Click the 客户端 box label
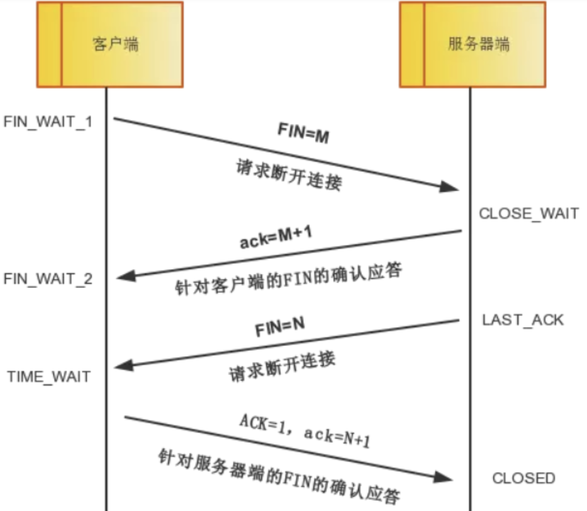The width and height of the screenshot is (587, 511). [115, 44]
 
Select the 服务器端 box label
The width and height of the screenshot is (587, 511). [479, 44]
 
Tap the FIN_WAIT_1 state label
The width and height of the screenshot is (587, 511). [48, 122]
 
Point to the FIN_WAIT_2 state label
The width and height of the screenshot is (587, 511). [48, 279]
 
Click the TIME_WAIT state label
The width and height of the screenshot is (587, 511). [49, 377]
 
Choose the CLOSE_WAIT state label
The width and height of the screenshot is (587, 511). [529, 213]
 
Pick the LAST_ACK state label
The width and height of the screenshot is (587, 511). [523, 320]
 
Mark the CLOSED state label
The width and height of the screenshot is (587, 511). [523, 478]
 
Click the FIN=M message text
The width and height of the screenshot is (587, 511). [303, 133]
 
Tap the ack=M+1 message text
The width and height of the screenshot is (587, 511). [276, 237]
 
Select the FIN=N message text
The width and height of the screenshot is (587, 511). [280, 327]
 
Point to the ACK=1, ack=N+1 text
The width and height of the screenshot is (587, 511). [305, 430]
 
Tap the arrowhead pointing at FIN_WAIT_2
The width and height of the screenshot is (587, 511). [126, 276]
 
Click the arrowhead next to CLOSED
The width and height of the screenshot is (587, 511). [443, 477]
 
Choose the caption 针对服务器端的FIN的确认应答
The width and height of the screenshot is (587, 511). [279, 476]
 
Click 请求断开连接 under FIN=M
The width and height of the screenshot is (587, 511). [289, 175]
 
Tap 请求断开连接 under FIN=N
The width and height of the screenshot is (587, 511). [282, 367]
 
